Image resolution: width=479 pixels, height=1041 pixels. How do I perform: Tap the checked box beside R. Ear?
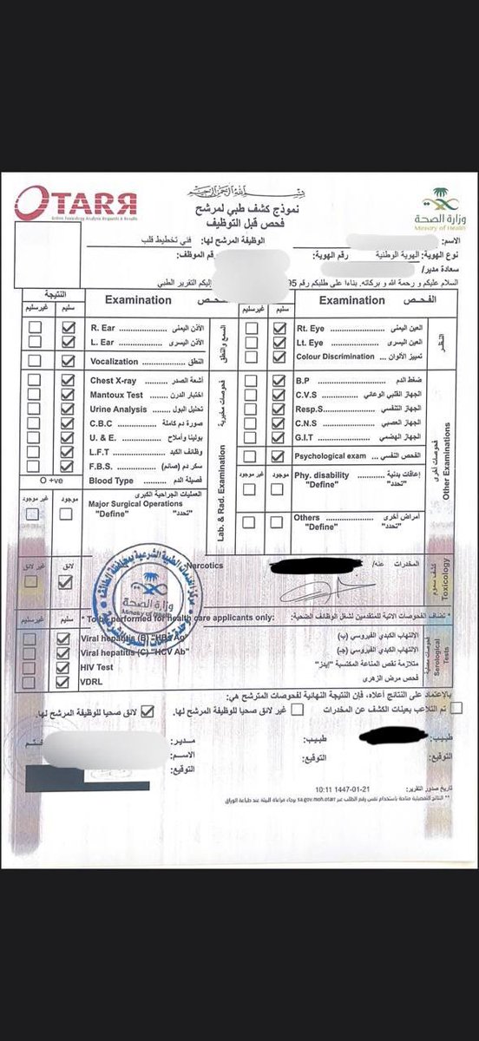click(67, 330)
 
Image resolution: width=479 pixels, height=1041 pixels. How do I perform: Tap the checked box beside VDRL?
click(63, 683)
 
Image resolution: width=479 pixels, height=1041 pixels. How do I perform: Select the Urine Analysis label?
click(115, 410)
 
